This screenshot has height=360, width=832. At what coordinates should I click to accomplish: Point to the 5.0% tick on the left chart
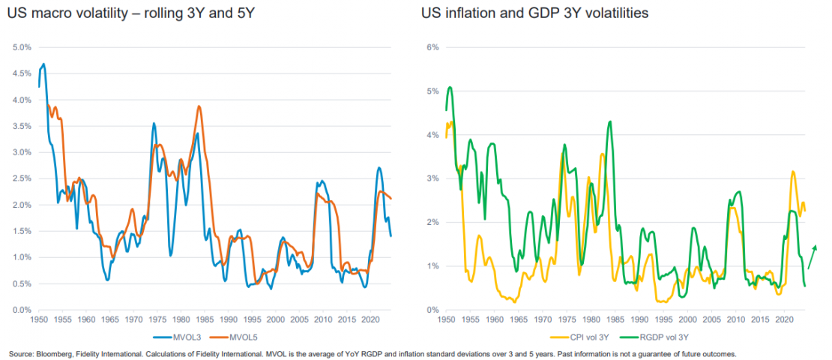(22, 47)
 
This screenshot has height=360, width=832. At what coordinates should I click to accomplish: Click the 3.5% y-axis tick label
(22, 126)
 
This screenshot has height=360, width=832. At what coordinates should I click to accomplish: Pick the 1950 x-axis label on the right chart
(446, 319)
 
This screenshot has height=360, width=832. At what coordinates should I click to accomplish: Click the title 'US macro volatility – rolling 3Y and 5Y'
(124, 13)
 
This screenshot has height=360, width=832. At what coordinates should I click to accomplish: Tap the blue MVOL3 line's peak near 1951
(43, 64)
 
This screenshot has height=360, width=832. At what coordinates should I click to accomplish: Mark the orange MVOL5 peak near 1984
(199, 106)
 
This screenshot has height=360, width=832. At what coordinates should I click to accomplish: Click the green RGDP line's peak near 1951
(450, 87)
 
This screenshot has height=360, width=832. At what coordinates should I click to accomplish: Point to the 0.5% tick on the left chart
(22, 283)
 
